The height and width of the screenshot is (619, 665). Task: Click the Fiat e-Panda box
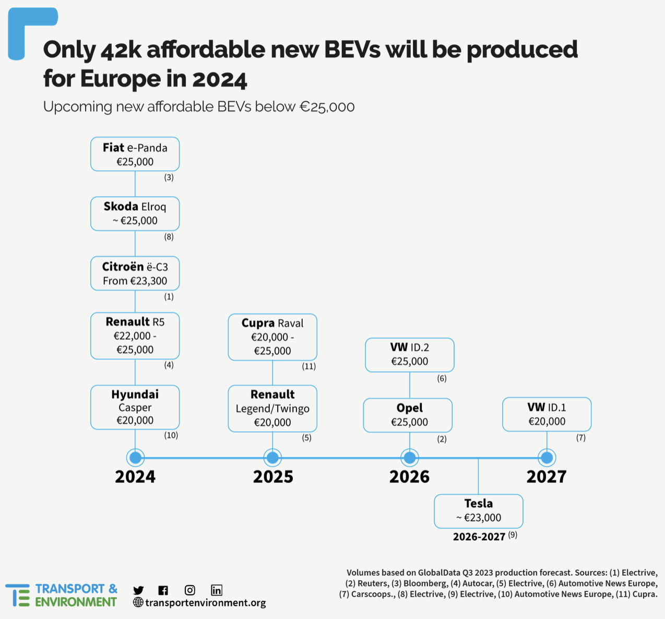135,154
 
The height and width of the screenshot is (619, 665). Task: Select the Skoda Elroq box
135,213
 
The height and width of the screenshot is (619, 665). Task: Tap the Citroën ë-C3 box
135,273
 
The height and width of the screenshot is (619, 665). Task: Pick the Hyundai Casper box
135,407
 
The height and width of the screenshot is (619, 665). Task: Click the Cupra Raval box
272,337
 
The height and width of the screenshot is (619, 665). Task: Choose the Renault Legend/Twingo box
272,408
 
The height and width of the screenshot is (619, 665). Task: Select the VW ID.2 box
410,354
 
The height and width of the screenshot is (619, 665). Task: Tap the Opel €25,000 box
408,415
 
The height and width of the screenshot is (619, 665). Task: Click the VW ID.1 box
547,414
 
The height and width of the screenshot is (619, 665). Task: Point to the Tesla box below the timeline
478,511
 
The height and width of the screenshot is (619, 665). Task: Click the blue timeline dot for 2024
135,458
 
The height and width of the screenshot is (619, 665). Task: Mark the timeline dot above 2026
410,458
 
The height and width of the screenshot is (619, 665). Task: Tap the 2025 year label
273,477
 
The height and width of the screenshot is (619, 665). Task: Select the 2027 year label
547,477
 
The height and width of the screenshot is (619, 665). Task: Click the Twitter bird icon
138,590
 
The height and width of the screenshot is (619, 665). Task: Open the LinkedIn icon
217,590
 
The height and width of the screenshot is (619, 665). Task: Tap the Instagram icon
190,590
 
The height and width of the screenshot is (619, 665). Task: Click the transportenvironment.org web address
205,603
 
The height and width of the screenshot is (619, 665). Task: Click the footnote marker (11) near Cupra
309,366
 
